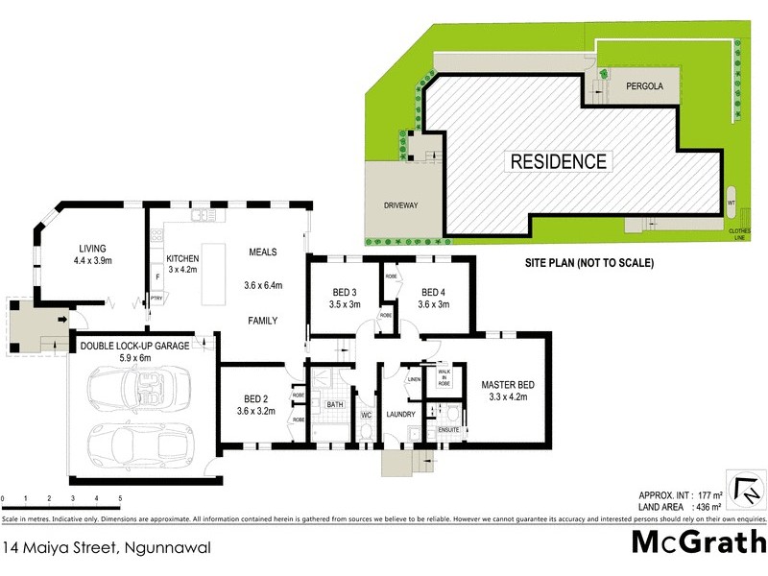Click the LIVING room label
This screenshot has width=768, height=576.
click(x=93, y=248)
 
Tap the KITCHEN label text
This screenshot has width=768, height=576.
click(x=181, y=258)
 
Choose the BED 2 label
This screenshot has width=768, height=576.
click(x=252, y=403)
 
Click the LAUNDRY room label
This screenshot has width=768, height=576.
click(x=399, y=415)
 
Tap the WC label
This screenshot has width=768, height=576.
click(x=365, y=415)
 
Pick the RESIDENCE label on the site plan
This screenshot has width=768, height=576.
click(x=558, y=161)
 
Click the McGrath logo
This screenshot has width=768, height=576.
click(x=698, y=540)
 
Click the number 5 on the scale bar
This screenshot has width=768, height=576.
click(x=120, y=499)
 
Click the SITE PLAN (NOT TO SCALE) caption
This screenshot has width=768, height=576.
click(x=588, y=262)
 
